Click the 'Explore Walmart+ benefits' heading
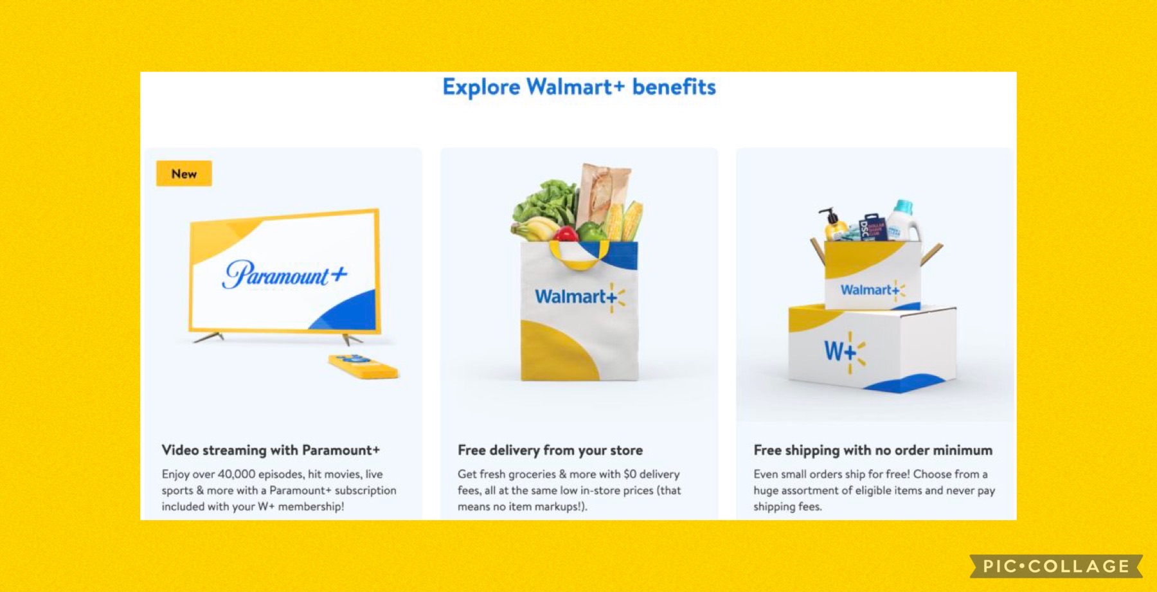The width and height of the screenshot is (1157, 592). point(578,87)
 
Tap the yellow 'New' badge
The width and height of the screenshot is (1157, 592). point(184,174)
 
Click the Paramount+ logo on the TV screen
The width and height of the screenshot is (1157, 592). point(285,274)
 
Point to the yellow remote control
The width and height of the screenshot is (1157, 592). point(363,366)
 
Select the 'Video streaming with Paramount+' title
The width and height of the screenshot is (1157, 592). point(271,450)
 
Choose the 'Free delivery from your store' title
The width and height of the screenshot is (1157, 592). point(550,450)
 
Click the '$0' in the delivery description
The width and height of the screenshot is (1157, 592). point(630,474)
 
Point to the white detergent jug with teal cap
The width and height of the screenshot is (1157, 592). point(904,220)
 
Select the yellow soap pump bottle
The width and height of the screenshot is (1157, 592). point(833,225)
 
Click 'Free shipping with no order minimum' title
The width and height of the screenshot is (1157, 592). point(873,450)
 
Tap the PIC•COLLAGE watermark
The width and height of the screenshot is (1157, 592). point(1056,566)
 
